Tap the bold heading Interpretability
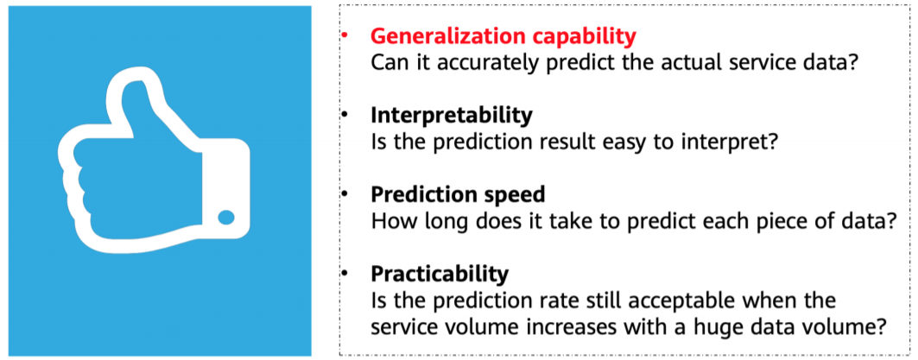click(x=451, y=115)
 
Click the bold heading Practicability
click(x=440, y=274)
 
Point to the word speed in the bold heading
click(x=514, y=194)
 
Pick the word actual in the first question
click(x=674, y=63)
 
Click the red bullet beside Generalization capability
click(x=343, y=36)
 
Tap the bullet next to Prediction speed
click(x=343, y=194)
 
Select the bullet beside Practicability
click(x=343, y=274)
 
